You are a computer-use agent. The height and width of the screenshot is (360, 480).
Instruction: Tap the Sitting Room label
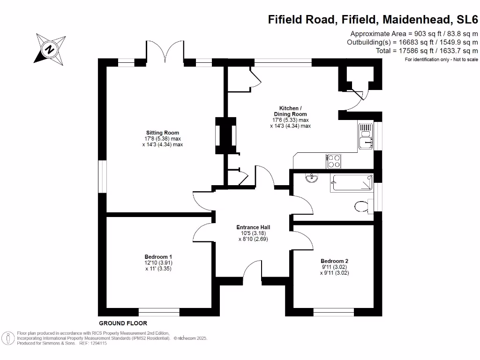tap(162, 133)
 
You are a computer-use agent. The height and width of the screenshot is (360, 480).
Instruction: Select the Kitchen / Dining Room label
tap(290, 114)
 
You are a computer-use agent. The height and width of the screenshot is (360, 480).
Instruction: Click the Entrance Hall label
tap(253, 227)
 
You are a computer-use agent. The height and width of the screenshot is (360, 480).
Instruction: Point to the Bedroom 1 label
tap(158, 257)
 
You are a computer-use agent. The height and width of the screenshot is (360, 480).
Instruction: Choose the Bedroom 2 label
tap(334, 261)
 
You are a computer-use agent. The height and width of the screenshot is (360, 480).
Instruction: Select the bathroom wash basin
tap(311, 178)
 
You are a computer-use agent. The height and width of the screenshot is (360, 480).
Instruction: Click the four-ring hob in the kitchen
tap(334, 161)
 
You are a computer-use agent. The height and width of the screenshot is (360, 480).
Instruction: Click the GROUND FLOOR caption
tap(123, 323)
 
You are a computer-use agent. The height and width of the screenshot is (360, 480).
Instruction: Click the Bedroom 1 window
tap(159, 312)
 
